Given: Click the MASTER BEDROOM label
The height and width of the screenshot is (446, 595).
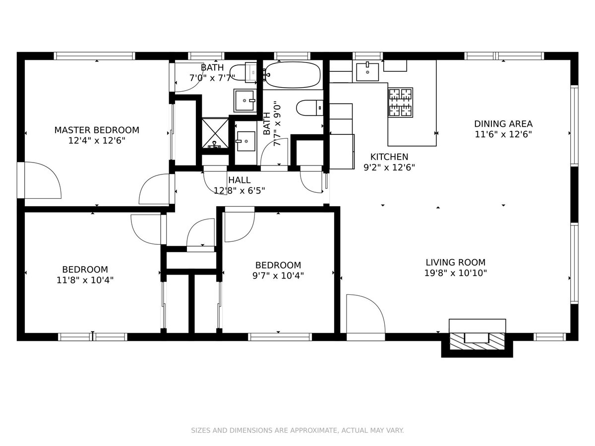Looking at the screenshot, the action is point(97,130).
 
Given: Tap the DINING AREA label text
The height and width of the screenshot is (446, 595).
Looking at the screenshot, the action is point(503,124).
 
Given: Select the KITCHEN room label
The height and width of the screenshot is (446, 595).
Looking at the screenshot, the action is point(389,157).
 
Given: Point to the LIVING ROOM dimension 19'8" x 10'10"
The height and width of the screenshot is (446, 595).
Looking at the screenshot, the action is point(455,273).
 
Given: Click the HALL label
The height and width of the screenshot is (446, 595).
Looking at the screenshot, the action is point(239,180).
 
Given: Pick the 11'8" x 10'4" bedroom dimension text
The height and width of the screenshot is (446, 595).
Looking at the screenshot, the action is point(85,280).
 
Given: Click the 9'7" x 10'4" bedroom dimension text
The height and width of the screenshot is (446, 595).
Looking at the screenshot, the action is point(278,276).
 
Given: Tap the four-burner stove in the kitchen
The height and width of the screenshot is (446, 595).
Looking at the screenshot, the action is point(401,103).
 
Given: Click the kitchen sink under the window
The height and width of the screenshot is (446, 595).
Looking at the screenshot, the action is point(367,72).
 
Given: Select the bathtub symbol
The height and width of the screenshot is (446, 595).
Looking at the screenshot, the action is point(292,75).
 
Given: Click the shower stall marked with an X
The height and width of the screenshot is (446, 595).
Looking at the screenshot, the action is point(215,133).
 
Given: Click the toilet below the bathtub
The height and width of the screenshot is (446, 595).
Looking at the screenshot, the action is point(309,108).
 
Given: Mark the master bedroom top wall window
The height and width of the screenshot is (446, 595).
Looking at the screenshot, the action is point(94,56).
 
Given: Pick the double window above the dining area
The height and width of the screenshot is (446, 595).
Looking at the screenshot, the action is point(504,56).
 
